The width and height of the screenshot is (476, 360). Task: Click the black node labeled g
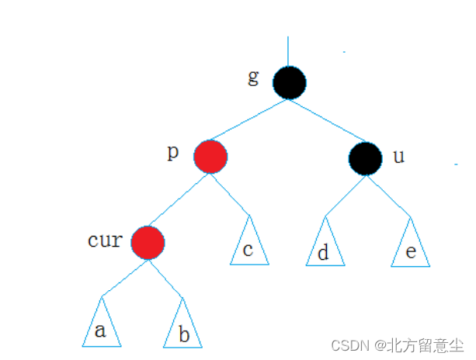(x=289, y=82)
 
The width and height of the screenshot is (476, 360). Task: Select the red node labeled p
(x=210, y=157)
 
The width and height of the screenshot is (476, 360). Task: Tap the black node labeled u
(x=365, y=158)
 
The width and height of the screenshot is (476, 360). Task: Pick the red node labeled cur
(x=148, y=243)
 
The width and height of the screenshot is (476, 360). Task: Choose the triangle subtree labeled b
(x=182, y=326)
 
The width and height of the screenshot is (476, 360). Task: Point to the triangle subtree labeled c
(x=249, y=244)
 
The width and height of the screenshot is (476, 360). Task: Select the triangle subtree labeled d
(x=324, y=245)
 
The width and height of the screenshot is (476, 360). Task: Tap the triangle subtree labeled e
(x=409, y=245)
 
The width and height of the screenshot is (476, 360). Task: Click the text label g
(x=253, y=78)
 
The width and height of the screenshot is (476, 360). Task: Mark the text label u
(x=398, y=156)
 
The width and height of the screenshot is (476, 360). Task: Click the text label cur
(x=105, y=240)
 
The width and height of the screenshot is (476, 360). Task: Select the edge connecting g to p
(x=249, y=120)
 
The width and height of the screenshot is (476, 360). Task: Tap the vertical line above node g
(x=288, y=50)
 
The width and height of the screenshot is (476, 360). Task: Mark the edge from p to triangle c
(x=231, y=195)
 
